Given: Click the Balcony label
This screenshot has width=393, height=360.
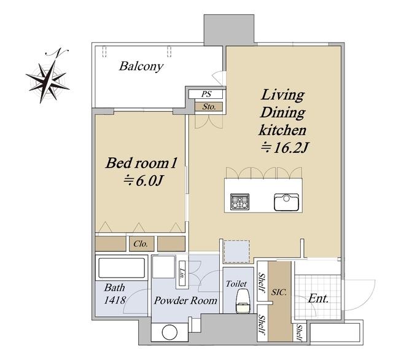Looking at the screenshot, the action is click(141, 66).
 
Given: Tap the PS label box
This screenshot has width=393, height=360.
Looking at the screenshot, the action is click(206, 94).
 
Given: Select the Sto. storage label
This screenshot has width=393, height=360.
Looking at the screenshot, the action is click(209, 107).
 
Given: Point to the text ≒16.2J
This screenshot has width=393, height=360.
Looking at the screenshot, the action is click(284, 148).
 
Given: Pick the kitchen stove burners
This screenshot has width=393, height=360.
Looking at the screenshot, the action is click(239, 202).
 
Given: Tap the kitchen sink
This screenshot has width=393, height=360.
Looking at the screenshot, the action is click(287, 202).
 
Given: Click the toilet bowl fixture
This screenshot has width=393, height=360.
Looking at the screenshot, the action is click(243, 301).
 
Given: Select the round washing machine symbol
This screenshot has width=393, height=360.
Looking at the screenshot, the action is click(169, 332).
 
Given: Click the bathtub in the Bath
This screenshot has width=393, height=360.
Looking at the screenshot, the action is click(122, 268).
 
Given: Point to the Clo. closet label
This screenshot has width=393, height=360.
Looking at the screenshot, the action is click(141, 244).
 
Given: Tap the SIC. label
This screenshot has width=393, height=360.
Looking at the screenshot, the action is click(279, 292).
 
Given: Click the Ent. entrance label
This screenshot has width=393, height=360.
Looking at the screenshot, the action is click(318, 299).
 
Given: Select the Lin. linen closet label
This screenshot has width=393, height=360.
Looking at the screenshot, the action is click(182, 274).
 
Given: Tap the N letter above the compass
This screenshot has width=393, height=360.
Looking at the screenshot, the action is click(57, 52).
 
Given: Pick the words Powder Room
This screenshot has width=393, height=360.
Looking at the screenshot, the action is click(185, 300).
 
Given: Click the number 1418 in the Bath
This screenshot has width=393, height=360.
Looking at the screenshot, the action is click(115, 300).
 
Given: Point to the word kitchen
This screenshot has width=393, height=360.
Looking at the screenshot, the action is click(282, 130).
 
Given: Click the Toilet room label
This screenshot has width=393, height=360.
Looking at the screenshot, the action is click(236, 284).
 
